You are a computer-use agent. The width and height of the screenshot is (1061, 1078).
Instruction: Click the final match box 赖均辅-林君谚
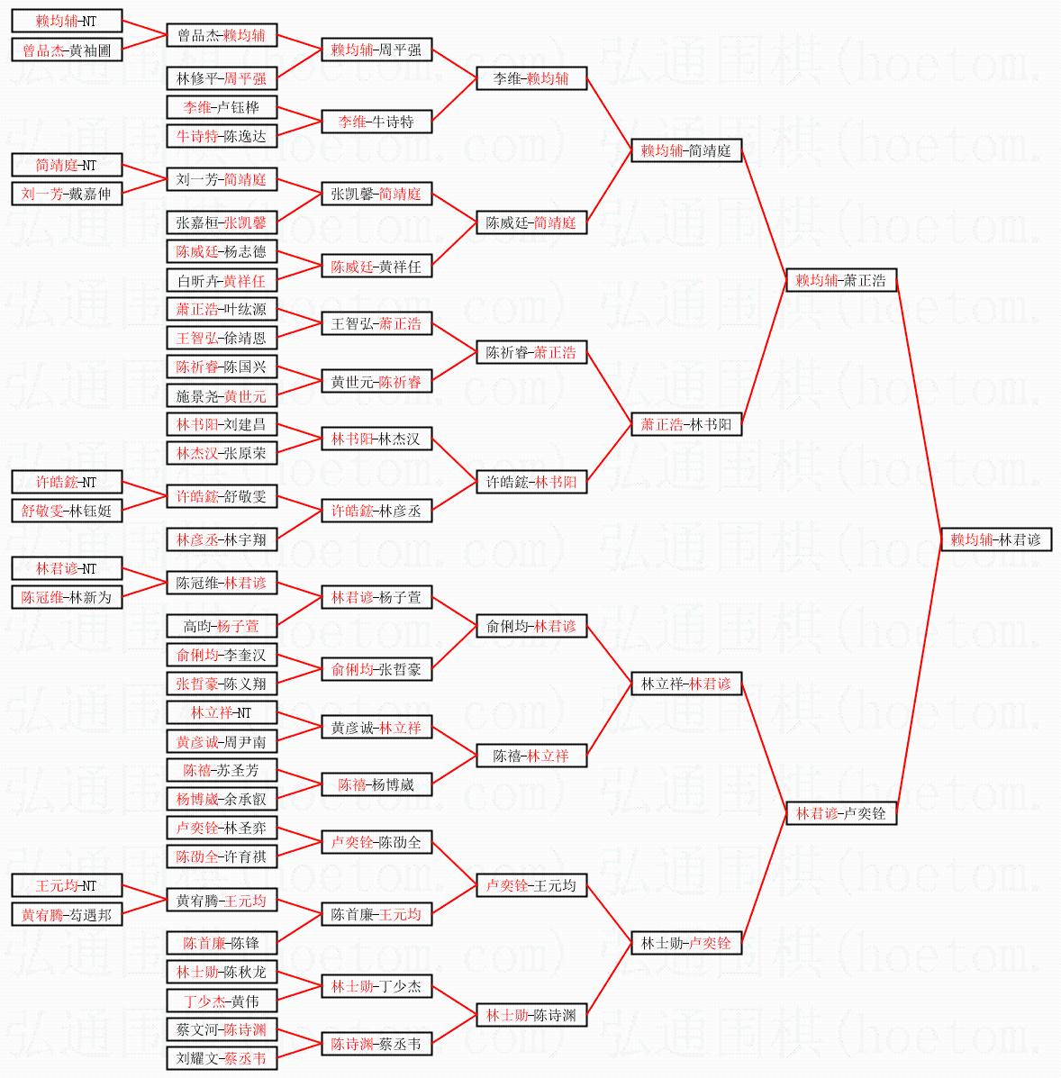pyautogui.click(x=995, y=539)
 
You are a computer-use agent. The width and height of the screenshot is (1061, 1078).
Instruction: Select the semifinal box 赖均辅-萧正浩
pyautogui.click(x=840, y=280)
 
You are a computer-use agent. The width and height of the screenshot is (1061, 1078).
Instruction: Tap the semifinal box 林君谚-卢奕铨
pyautogui.click(x=840, y=813)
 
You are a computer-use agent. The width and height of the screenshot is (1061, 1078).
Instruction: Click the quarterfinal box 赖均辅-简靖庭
pyautogui.click(x=686, y=150)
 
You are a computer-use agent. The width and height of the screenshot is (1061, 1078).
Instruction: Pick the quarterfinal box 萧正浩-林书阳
pyautogui.click(x=686, y=424)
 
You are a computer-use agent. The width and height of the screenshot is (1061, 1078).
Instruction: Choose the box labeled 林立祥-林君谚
pyautogui.click(x=686, y=684)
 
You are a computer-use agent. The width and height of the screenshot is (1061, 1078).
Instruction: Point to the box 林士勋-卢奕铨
pyautogui.click(x=686, y=943)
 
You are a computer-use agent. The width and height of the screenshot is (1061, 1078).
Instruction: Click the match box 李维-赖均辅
pyautogui.click(x=531, y=78)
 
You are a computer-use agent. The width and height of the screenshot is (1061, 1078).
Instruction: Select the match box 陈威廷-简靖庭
pyautogui.click(x=531, y=222)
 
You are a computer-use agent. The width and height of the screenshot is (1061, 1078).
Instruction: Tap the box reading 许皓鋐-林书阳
pyautogui.click(x=531, y=482)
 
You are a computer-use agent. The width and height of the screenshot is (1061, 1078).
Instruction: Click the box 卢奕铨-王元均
pyautogui.click(x=531, y=885)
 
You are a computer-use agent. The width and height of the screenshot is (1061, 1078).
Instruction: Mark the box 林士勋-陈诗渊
pyautogui.click(x=531, y=1015)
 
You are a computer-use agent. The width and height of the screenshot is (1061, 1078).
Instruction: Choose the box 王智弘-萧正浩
pyautogui.click(x=376, y=323)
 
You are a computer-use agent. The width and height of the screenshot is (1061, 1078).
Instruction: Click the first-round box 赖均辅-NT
pyautogui.click(x=67, y=21)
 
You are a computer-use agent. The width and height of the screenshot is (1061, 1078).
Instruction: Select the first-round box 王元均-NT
pyautogui.click(x=67, y=885)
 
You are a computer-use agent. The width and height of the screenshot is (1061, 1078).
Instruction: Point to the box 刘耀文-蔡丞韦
pyautogui.click(x=222, y=1058)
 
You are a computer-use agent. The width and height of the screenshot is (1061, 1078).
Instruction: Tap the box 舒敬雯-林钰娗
pyautogui.click(x=67, y=511)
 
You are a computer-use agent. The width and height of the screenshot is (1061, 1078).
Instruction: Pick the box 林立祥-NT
pyautogui.click(x=222, y=712)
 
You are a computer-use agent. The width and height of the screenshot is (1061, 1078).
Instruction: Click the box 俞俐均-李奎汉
pyautogui.click(x=222, y=655)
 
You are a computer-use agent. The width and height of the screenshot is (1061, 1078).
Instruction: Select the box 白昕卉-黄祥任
pyautogui.click(x=222, y=280)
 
